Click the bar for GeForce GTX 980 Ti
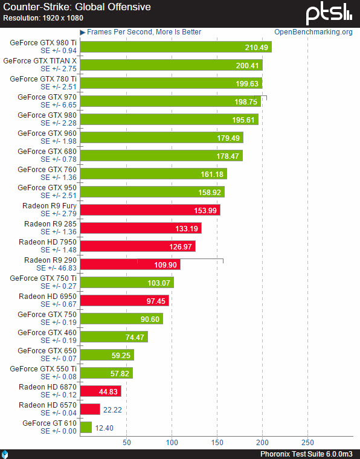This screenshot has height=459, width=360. [175, 47]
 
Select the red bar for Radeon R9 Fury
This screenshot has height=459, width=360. [149, 210]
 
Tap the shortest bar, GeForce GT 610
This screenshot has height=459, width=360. [86, 427]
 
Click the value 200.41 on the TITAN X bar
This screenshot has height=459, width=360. [248, 65]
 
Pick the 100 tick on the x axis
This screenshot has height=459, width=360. [172, 442]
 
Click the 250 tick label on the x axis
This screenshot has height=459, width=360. [307, 442]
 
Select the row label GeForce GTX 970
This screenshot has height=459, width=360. [47, 97]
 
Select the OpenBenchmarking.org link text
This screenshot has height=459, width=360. [313, 32]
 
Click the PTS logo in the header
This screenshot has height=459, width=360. [329, 13]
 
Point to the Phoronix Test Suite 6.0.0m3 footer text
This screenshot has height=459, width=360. [306, 454]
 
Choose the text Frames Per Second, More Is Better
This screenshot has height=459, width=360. [144, 32]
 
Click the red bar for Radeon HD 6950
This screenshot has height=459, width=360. [124, 300]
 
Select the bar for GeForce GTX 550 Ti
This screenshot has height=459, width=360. [106, 373]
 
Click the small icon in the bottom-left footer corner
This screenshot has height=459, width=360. [5, 454]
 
